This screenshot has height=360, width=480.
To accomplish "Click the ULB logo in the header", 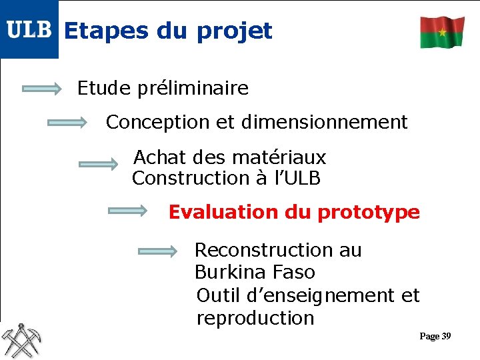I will [x=29, y=29].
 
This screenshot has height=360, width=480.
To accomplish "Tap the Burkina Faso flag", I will [x=442, y=32].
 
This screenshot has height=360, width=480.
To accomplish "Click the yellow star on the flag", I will [x=442, y=32].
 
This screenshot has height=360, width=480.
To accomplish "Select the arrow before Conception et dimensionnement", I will [x=67, y=123].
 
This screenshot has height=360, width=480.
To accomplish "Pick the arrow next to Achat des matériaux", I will [x=98, y=164].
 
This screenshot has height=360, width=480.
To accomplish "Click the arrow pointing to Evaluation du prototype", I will [x=128, y=211].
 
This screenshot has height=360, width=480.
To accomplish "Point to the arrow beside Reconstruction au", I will [x=158, y=251].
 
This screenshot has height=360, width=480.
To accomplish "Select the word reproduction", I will [x=255, y=318].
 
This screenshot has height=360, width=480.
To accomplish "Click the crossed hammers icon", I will [x=21, y=340].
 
